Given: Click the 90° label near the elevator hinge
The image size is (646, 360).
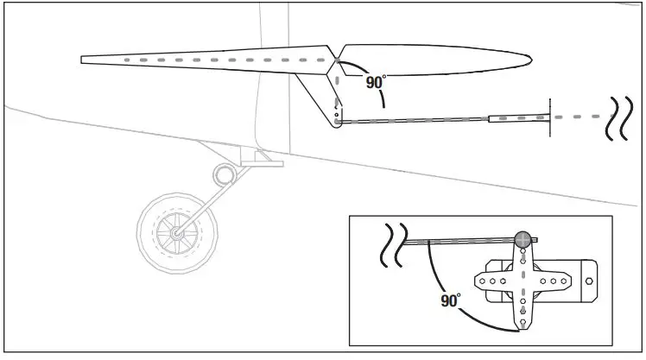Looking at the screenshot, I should (375, 82).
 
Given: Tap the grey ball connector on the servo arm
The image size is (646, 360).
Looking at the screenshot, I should (522, 240).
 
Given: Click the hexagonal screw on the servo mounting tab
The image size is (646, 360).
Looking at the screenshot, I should (590, 281).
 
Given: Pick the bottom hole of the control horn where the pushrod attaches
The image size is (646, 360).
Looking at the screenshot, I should (338, 122).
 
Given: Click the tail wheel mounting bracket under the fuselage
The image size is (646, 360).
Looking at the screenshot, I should (258, 158).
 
